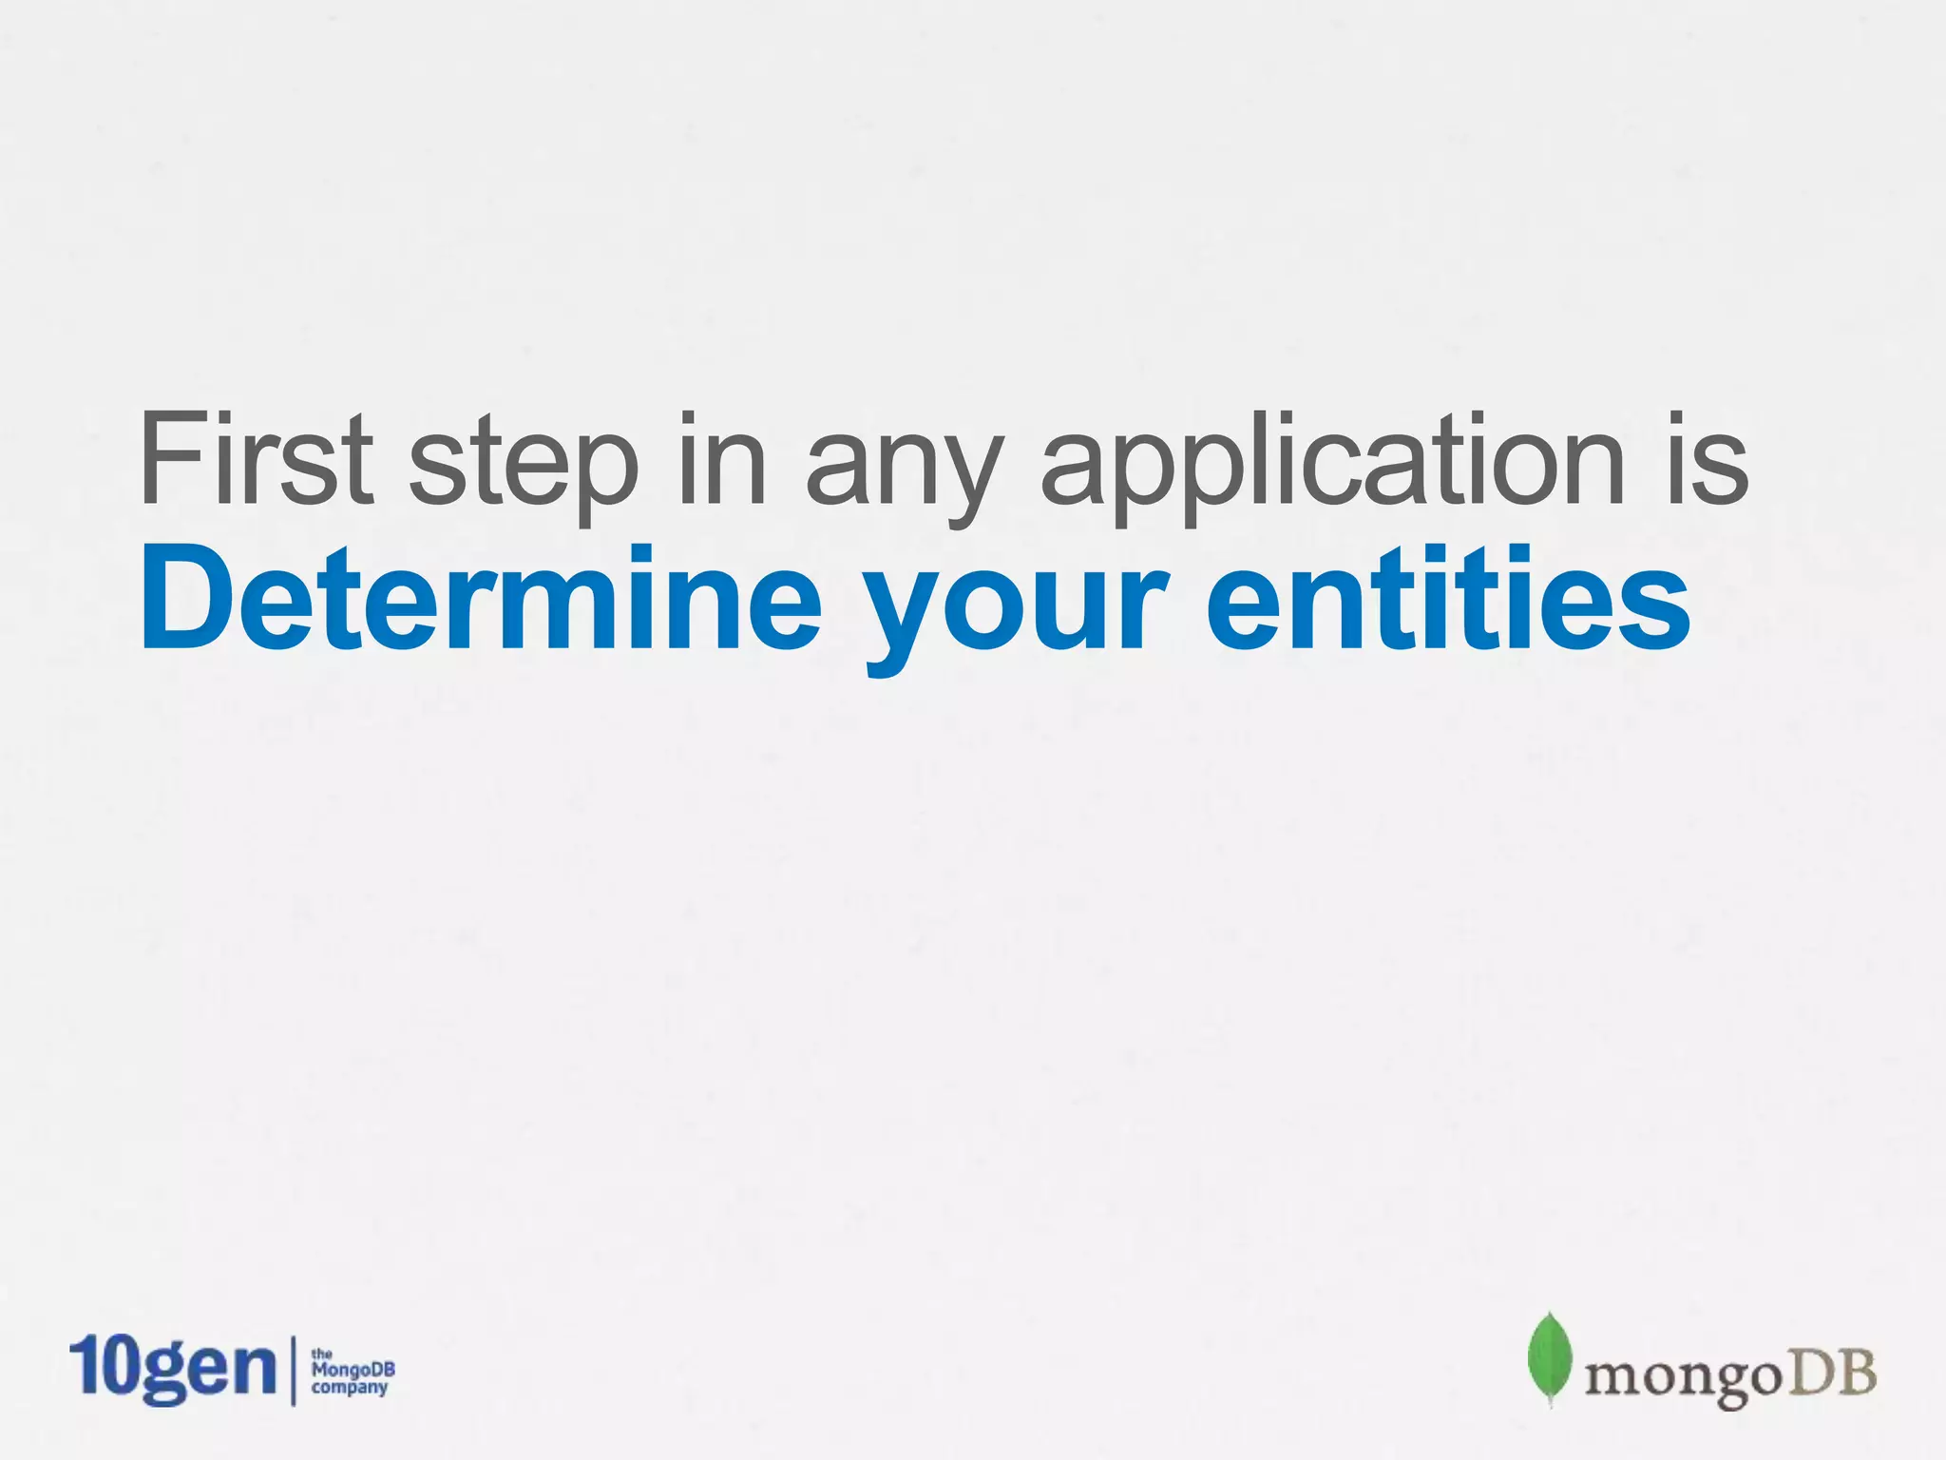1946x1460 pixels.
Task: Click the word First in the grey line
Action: coord(257,458)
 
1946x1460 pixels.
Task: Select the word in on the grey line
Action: coord(721,458)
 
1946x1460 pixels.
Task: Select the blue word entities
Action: coord(1448,599)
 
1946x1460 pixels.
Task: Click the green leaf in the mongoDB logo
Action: coord(1549,1358)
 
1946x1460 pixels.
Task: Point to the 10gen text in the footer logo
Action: coord(172,1369)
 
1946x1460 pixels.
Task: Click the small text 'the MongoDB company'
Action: coord(353,1372)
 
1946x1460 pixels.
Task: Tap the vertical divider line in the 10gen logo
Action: coord(293,1370)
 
